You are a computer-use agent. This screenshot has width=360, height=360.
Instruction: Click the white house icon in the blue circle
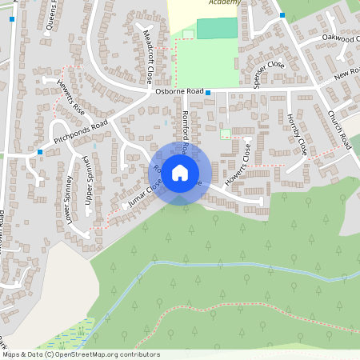(180, 172)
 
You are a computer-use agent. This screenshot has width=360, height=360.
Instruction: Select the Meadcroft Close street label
(148, 58)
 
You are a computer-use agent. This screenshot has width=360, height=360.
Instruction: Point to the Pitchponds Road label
(81, 132)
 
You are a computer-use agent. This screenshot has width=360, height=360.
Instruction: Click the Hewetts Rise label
(71, 96)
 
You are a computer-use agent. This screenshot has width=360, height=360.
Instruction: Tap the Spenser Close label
(266, 74)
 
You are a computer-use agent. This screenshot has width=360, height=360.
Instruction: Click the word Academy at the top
(223, 3)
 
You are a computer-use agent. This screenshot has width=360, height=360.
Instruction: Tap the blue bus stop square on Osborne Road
(208, 94)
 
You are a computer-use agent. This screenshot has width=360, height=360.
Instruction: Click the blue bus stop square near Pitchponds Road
(40, 151)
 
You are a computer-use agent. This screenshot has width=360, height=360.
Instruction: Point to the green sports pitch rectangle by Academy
(217, 28)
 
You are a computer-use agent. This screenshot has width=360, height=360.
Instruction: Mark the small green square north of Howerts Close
(225, 134)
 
